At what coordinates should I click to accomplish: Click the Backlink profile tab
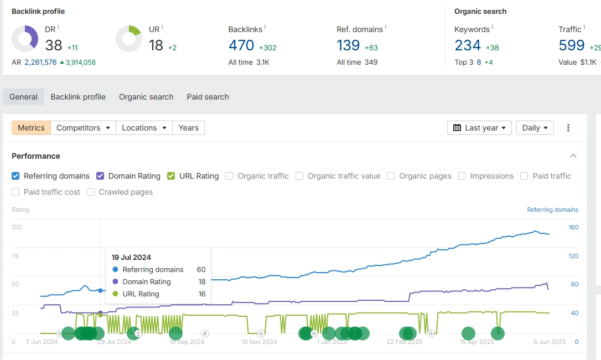click(x=78, y=97)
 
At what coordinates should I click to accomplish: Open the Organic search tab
click(x=146, y=97)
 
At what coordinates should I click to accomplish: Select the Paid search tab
click(x=208, y=97)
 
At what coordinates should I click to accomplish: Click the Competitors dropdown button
click(x=83, y=128)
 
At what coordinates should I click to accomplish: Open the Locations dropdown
click(x=144, y=128)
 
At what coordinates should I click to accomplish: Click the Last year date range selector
click(x=479, y=128)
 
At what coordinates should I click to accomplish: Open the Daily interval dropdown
click(x=535, y=128)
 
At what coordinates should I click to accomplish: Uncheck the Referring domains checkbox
click(x=15, y=176)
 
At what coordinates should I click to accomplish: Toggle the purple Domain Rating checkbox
click(x=100, y=176)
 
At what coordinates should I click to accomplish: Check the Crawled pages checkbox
click(x=91, y=192)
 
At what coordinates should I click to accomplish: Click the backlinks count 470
click(x=241, y=45)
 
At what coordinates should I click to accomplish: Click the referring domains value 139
click(x=349, y=45)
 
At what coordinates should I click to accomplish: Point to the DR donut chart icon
click(x=25, y=39)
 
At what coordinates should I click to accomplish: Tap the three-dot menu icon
click(x=568, y=128)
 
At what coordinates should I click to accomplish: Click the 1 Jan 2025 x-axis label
click(x=332, y=342)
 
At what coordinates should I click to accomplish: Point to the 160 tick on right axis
click(x=573, y=227)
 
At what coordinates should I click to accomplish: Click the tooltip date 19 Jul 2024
click(x=131, y=257)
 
